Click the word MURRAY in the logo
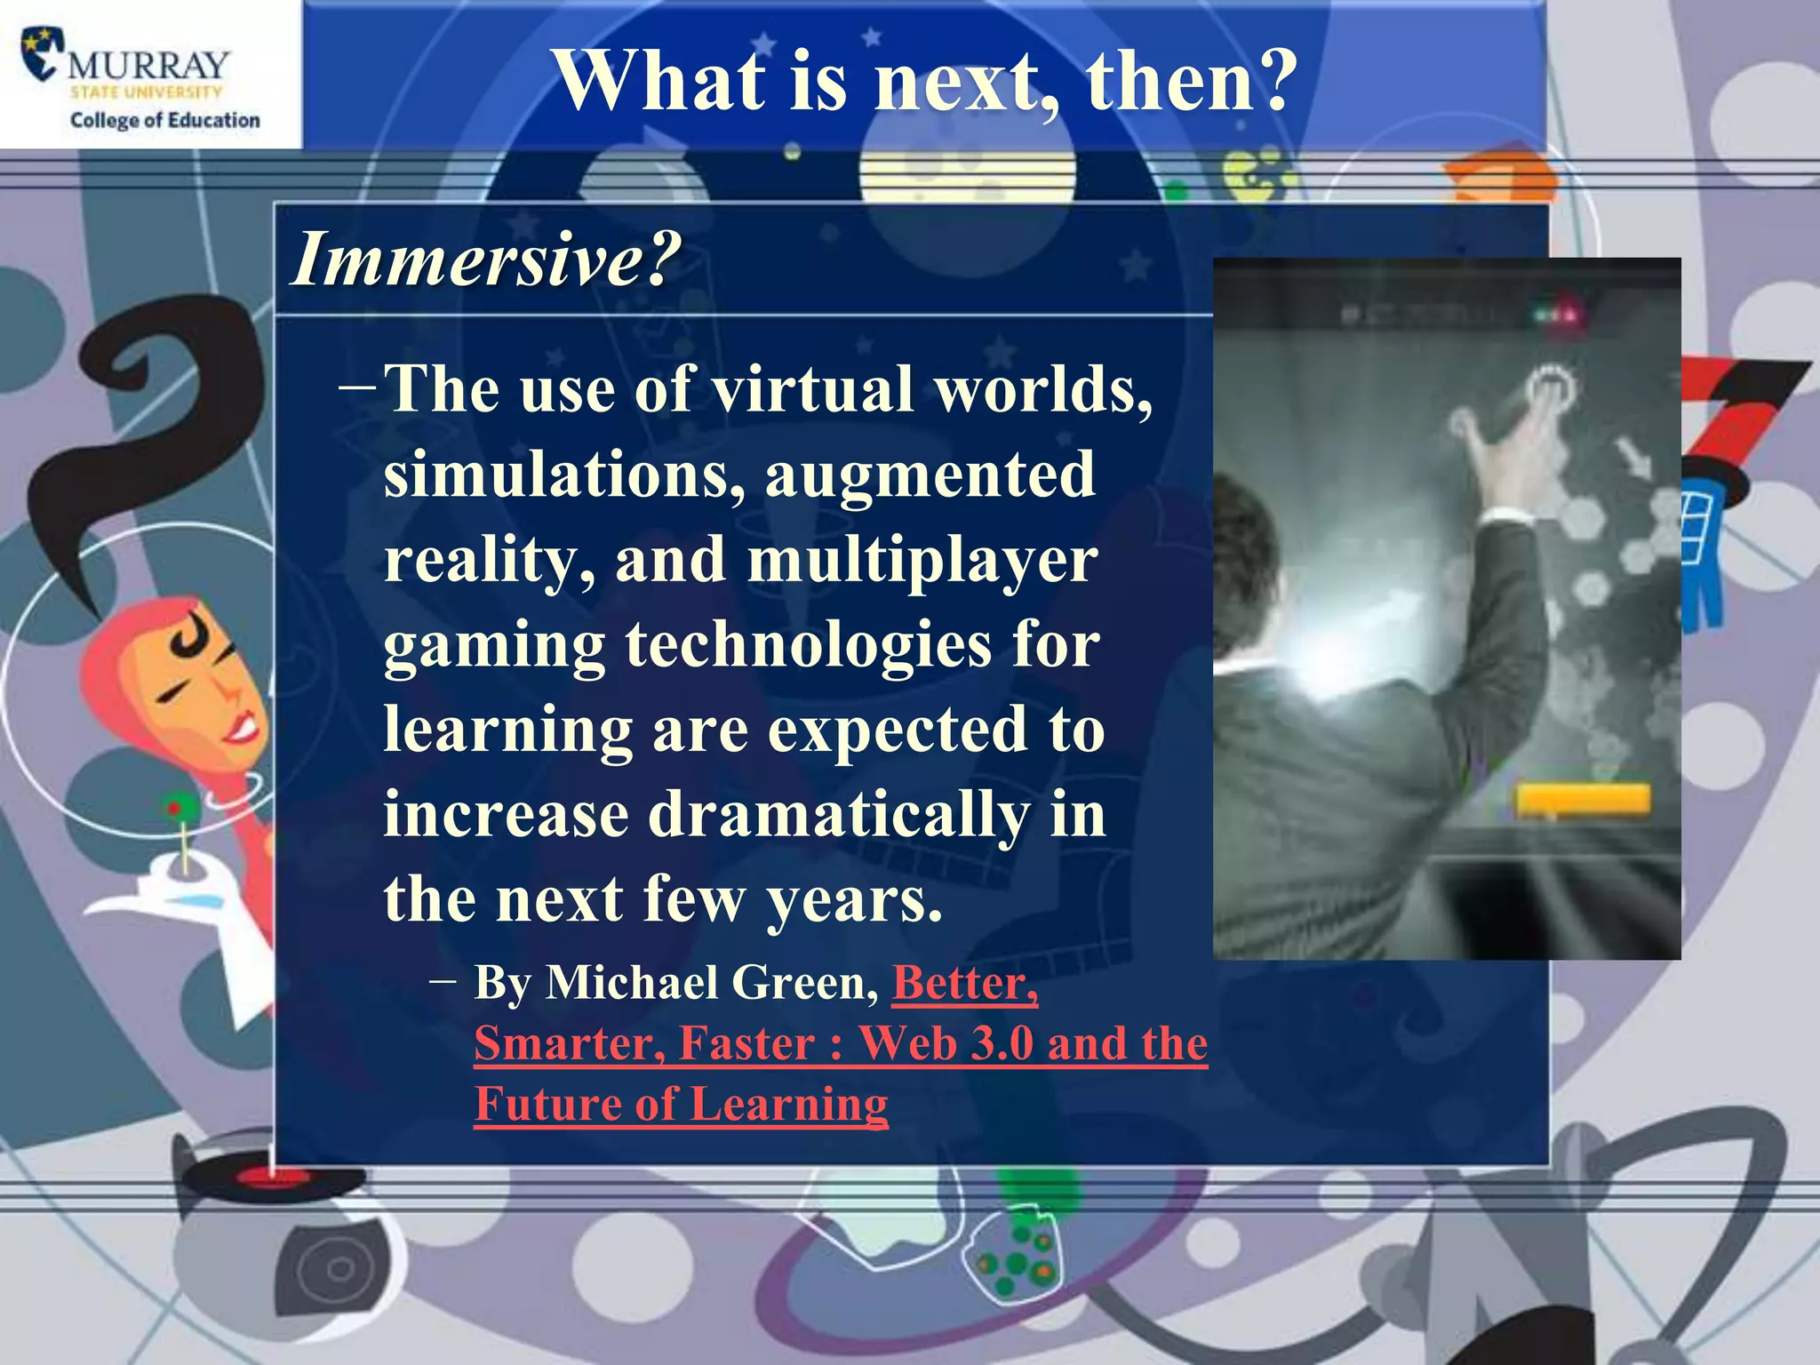point(149,65)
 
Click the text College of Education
point(165,120)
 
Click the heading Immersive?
point(486,259)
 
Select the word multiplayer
point(922,560)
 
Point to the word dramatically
point(839,814)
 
